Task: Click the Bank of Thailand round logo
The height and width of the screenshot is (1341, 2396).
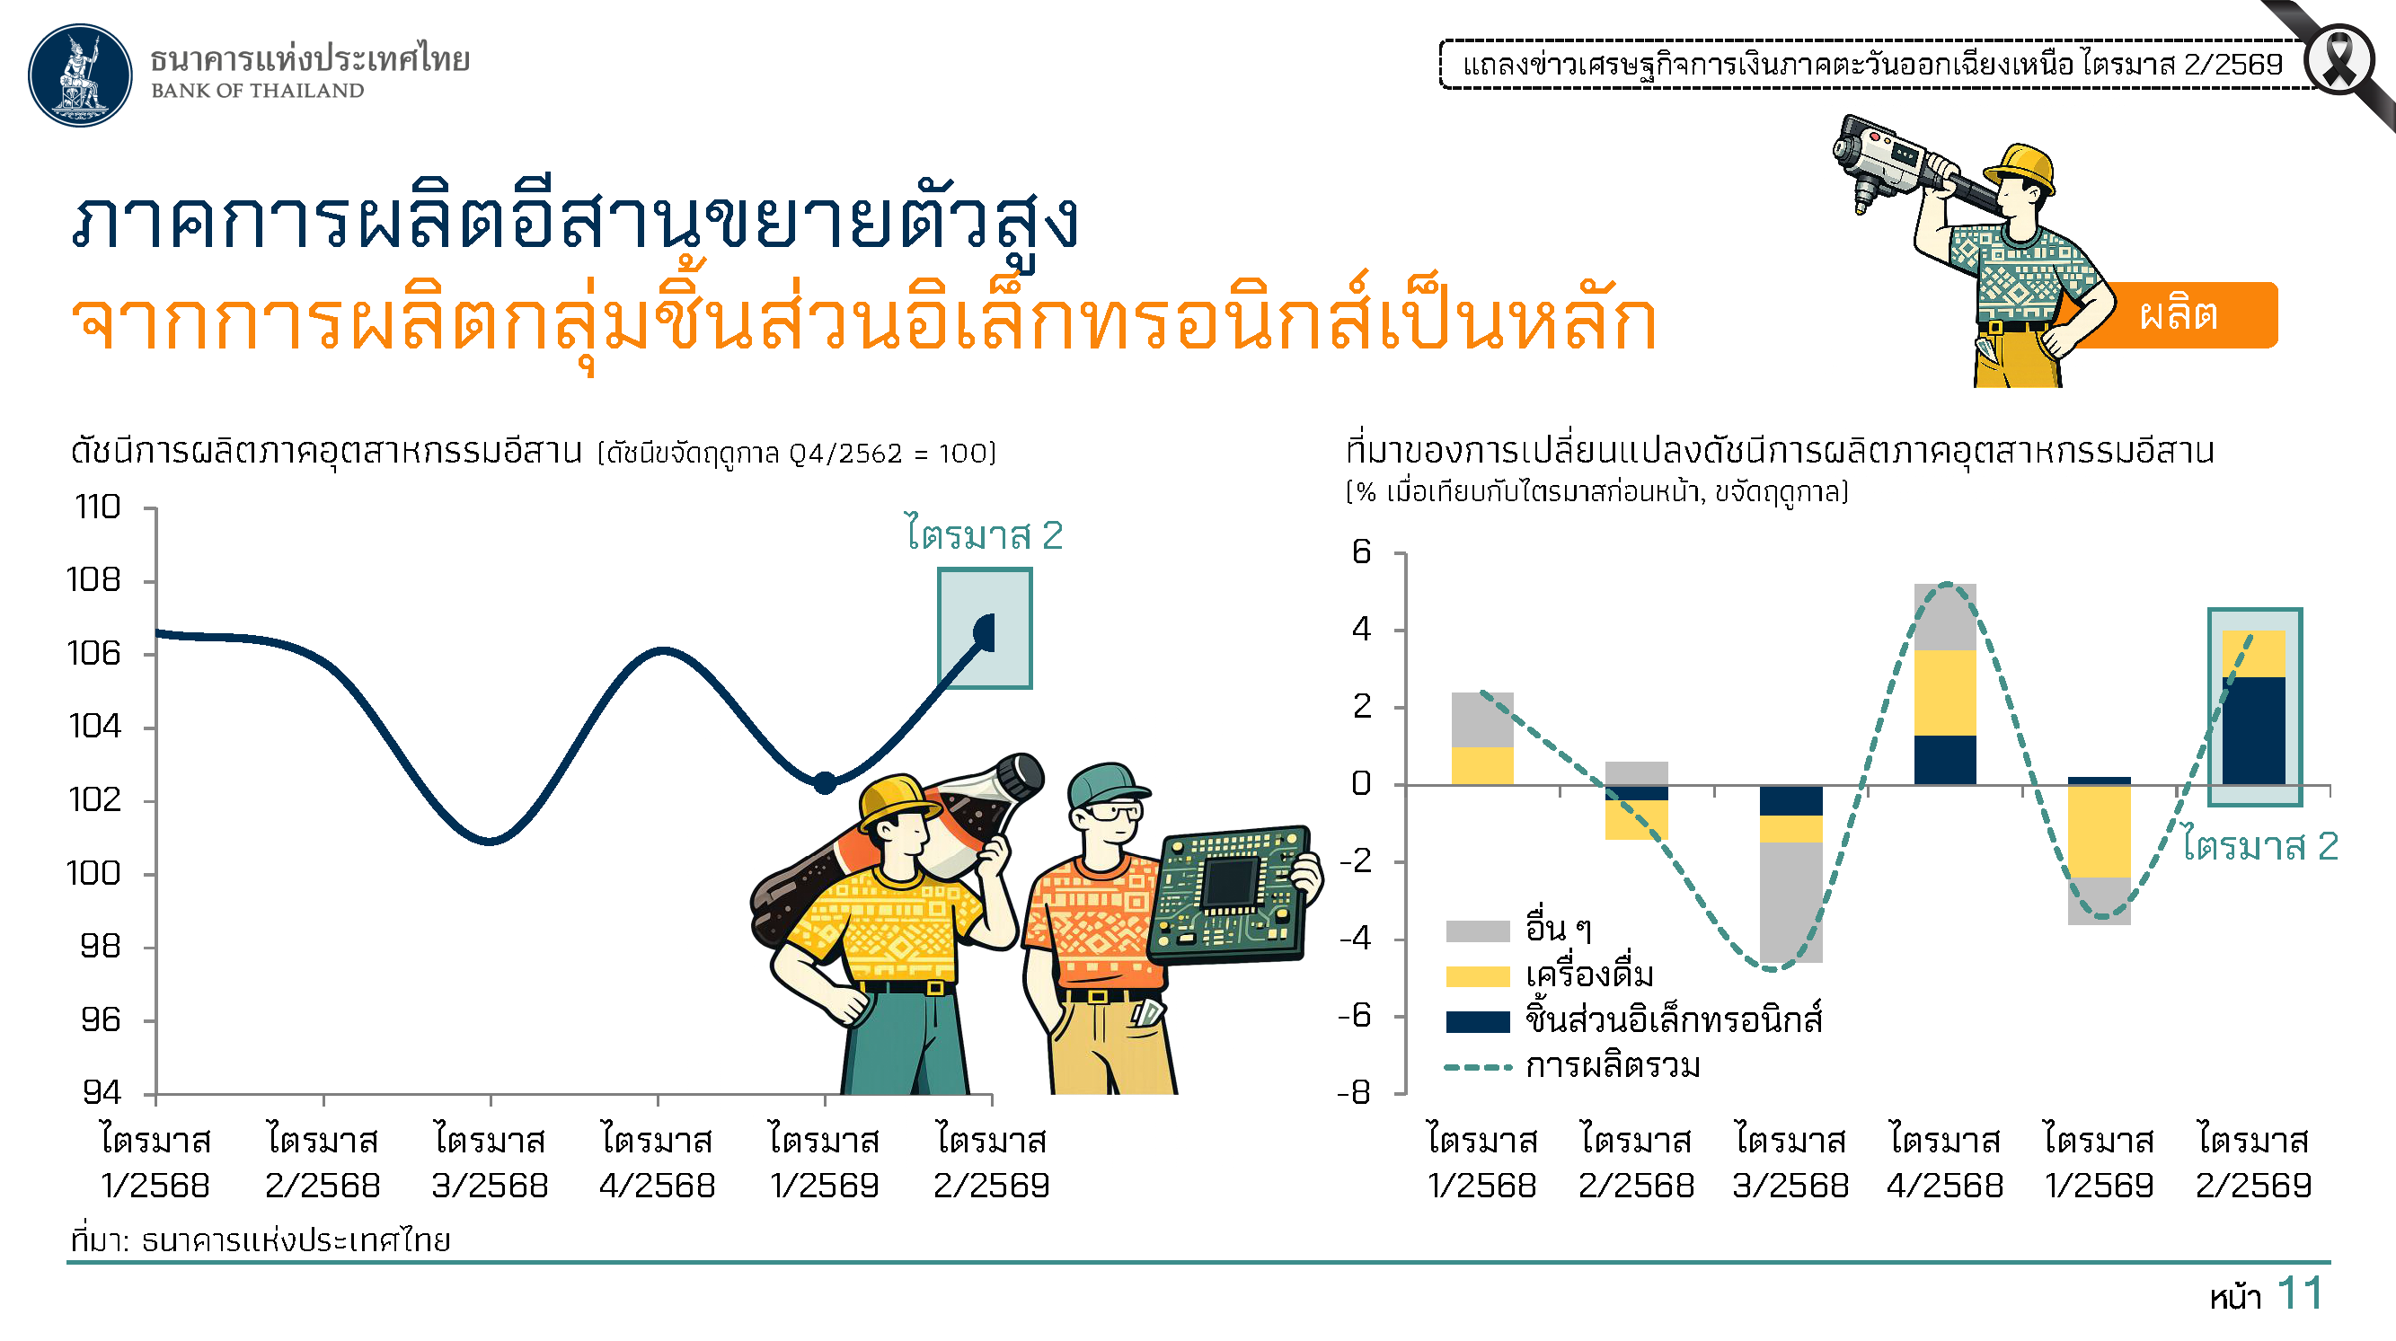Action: coord(80,75)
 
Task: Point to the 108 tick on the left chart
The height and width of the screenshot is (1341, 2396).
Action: coord(93,580)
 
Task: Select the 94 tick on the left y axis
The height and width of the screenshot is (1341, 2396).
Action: coord(102,1092)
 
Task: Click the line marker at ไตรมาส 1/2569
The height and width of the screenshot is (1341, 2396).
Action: coord(825,783)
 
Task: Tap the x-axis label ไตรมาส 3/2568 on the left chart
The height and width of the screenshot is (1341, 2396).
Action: coord(491,1162)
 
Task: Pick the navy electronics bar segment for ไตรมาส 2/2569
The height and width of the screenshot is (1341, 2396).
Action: coord(2254,731)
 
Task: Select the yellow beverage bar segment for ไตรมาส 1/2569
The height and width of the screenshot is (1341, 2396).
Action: coord(2100,832)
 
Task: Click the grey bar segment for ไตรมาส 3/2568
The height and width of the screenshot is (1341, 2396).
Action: coord(1790,902)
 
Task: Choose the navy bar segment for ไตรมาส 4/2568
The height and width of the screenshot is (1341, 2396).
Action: coord(1945,760)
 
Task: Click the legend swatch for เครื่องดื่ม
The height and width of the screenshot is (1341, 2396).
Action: coord(1477,976)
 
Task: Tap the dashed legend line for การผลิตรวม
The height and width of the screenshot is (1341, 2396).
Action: coord(1477,1068)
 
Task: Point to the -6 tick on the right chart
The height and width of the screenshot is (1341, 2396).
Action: coord(1354,1016)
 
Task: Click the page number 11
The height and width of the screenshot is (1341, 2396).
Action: coord(2300,1293)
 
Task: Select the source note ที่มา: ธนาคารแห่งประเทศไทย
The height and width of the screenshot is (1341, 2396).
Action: coord(261,1240)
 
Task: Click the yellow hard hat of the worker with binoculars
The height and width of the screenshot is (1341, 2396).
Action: coord(2020,168)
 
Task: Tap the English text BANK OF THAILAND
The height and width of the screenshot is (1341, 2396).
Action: coord(258,90)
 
